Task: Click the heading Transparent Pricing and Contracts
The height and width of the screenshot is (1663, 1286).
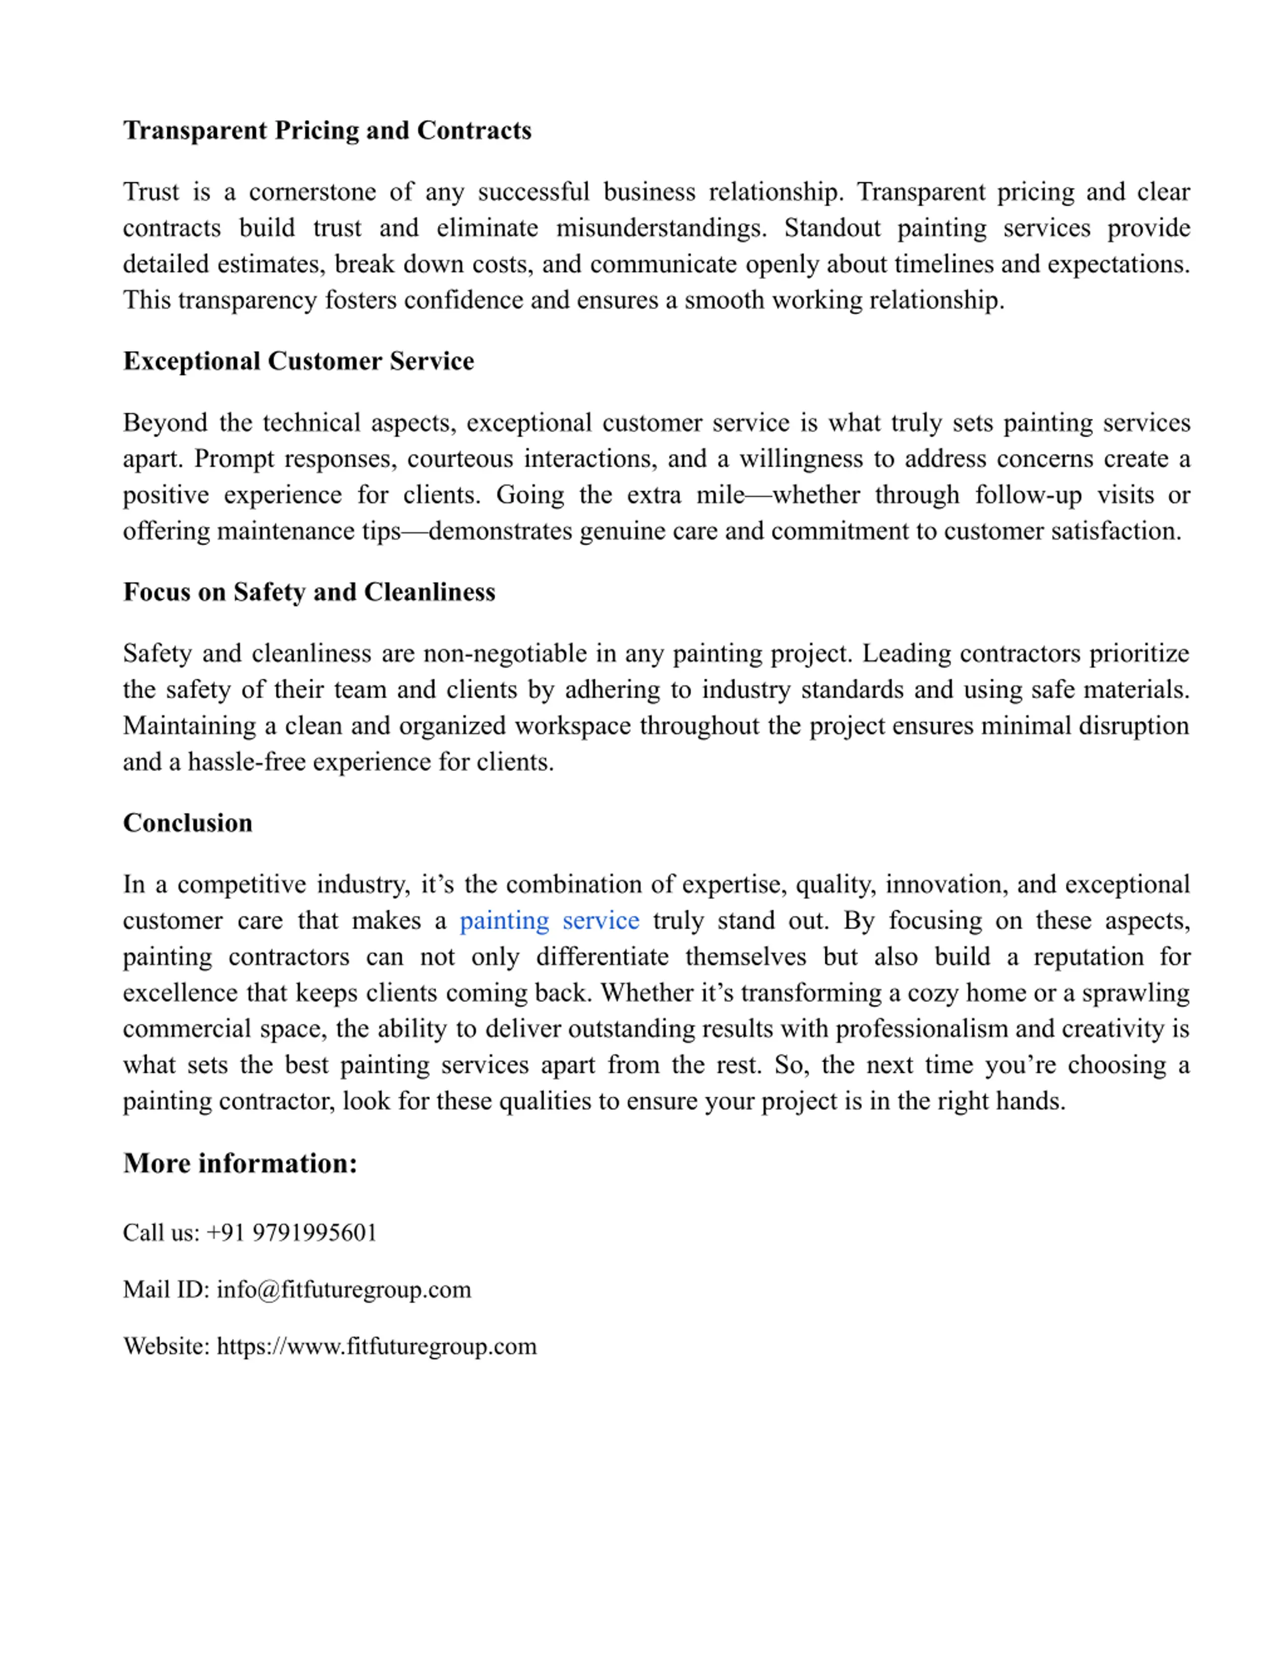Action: point(327,130)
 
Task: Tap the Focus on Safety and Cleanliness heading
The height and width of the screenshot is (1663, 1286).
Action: point(308,592)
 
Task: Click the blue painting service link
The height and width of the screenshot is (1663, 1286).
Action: point(549,921)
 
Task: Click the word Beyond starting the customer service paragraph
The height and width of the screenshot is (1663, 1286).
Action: point(165,423)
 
